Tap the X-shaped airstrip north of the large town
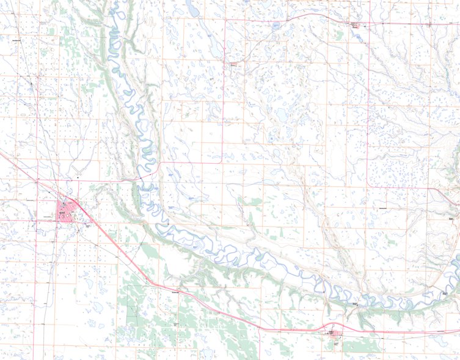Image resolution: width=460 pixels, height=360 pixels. click(x=78, y=167)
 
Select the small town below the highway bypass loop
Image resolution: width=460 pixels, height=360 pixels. click(x=333, y=334)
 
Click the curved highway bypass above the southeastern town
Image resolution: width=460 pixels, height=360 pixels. click(x=333, y=324)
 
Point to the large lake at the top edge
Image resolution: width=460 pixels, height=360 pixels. click(x=194, y=9)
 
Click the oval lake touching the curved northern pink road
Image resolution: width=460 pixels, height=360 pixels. click(x=276, y=26)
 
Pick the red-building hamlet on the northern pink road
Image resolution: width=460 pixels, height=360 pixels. click(x=354, y=24)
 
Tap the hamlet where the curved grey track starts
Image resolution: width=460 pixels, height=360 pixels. click(x=233, y=62)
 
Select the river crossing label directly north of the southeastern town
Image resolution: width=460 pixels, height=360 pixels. click(x=355, y=303)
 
